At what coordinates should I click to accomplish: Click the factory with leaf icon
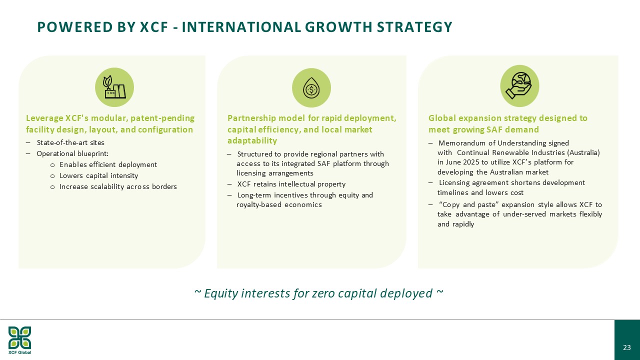(114, 87)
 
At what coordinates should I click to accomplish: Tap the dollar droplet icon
(311, 88)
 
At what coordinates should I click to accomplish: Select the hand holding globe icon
(519, 85)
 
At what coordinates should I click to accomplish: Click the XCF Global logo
(19, 340)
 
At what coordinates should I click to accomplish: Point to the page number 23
(627, 347)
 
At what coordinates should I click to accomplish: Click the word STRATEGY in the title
(414, 27)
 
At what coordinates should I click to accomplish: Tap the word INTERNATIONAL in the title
(241, 27)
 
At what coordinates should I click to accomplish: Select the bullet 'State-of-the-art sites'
(70, 142)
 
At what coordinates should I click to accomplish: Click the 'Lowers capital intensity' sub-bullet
(98, 175)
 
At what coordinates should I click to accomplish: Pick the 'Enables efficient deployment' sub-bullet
(108, 165)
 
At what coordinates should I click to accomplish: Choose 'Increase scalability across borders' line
(118, 187)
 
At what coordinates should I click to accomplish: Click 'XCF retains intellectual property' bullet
(291, 184)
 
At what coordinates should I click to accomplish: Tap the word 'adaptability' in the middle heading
(252, 140)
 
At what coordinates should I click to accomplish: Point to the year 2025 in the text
(471, 162)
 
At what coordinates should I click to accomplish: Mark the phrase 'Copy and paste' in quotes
(469, 205)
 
